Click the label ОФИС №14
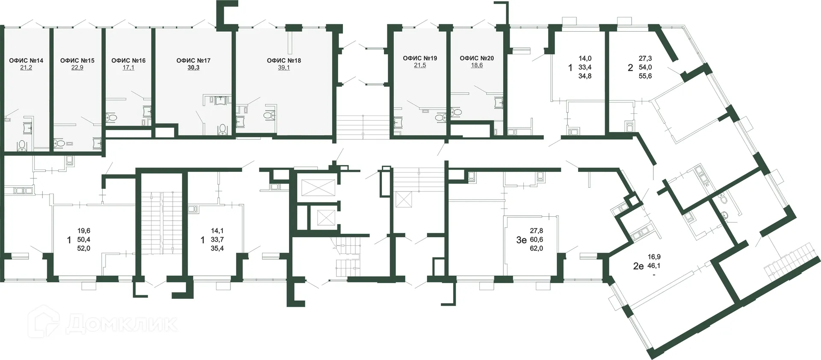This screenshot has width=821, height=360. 26,60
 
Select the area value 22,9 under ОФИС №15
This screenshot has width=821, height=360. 77,68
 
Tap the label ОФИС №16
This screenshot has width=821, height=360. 128,60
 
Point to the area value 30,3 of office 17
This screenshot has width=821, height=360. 193,68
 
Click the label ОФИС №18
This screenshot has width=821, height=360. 284,60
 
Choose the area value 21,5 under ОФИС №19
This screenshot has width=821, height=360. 420,65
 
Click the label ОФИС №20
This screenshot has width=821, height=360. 477,58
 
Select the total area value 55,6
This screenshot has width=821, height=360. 645,76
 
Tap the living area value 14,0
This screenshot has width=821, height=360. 585,59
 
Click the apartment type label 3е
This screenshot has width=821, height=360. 521,240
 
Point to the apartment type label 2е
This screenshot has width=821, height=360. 638,266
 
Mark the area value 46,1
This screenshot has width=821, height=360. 654,266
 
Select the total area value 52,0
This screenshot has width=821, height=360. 83,248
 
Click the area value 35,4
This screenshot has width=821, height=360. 217,248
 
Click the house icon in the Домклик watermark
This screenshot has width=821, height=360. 43,322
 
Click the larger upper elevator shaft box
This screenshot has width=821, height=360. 318,188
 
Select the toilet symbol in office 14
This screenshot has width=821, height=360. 22,146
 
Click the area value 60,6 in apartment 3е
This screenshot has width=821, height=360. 536,240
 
